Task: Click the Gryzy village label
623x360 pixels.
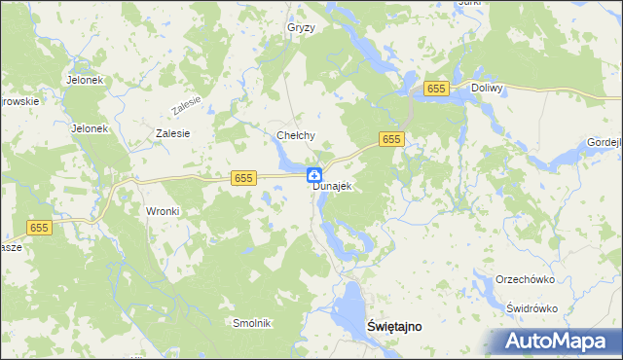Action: point(301,27)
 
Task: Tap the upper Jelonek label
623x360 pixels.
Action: point(85,80)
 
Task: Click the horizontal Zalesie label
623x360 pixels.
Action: point(172,133)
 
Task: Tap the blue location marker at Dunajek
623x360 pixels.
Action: point(315,175)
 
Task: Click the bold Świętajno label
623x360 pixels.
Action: point(395,327)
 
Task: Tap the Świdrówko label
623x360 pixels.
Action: point(531,307)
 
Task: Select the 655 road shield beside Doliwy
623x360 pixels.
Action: point(436,89)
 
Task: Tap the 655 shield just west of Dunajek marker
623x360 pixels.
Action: point(243,178)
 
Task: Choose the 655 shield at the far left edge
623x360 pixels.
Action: point(39,227)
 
